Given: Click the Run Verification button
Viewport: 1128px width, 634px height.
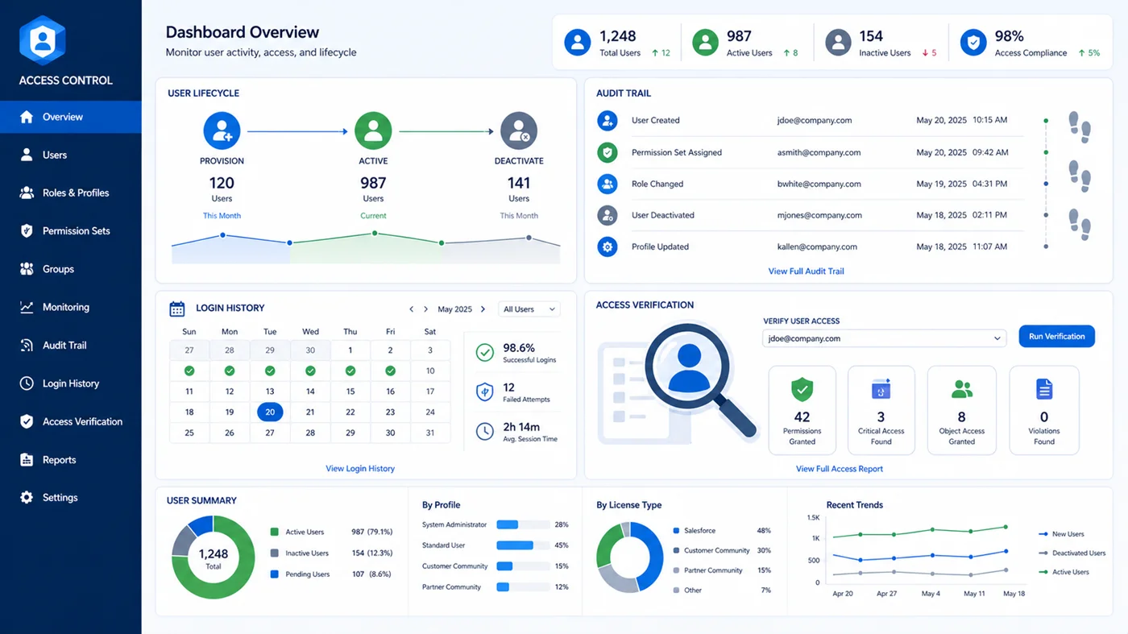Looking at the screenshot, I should click(1056, 337).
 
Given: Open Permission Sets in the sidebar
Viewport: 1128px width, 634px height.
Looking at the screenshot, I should click(76, 231).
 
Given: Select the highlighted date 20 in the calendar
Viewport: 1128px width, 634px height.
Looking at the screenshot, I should click(270, 412).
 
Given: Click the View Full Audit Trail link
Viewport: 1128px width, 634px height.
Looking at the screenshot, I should click(806, 271).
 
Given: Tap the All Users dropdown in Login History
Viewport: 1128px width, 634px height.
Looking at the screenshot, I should click(529, 309).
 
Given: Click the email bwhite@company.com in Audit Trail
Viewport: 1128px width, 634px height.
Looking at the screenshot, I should click(819, 184).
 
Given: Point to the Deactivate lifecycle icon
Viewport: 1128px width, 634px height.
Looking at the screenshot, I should click(518, 131).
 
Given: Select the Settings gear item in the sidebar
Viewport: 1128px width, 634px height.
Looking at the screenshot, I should click(60, 498).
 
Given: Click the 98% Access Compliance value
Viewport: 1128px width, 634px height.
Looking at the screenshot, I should click(1009, 36).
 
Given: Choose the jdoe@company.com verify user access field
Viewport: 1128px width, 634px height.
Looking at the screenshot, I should click(883, 339).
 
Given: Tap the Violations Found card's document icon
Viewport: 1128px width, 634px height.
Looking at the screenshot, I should click(1044, 389).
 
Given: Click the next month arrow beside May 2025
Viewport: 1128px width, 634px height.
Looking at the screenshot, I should click(483, 309).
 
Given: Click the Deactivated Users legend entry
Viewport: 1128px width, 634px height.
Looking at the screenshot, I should click(1078, 553).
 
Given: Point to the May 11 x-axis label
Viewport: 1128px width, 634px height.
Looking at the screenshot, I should click(974, 594).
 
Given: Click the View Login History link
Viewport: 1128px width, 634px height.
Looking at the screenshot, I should click(360, 469).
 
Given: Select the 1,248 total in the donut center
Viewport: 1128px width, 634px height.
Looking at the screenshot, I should click(213, 554).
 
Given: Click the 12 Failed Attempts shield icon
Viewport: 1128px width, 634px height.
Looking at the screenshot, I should click(484, 392).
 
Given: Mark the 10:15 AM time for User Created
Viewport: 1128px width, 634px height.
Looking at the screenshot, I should click(989, 120).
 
